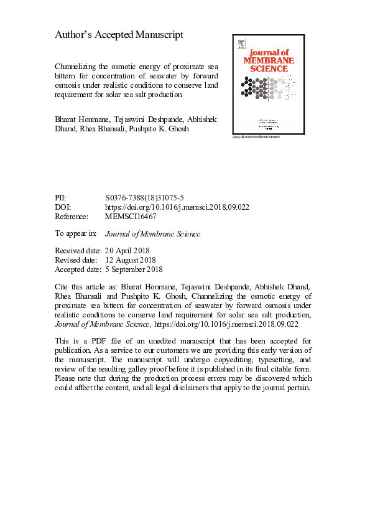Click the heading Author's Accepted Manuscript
click(x=119, y=35)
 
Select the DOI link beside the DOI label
click(x=177, y=207)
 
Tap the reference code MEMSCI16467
click(x=131, y=217)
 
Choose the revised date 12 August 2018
click(x=131, y=260)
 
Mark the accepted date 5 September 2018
click(x=134, y=269)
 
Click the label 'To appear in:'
click(x=76, y=234)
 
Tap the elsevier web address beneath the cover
click(x=256, y=136)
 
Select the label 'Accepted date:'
click(x=78, y=269)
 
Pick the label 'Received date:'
click(x=77, y=250)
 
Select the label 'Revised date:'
click(x=75, y=260)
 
